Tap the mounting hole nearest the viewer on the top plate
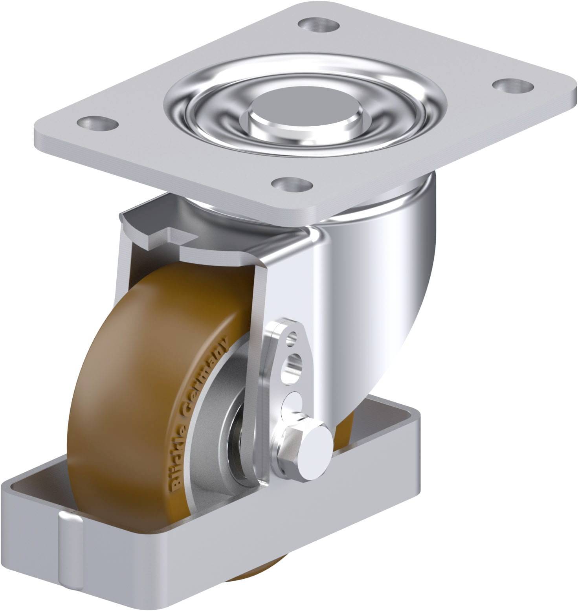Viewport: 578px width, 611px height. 293,183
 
